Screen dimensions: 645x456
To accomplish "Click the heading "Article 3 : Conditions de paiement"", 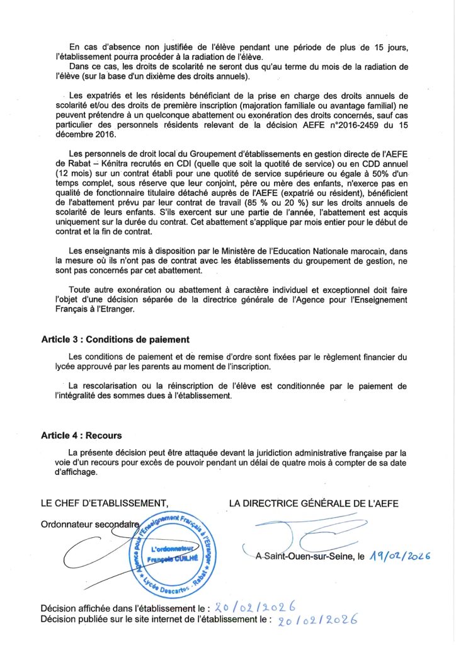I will (115, 340).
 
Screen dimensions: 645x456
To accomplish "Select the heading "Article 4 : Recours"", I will (81, 435).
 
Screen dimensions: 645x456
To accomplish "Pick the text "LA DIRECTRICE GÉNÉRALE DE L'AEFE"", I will (314, 503).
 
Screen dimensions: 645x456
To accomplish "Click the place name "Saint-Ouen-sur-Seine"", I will (309, 557).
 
